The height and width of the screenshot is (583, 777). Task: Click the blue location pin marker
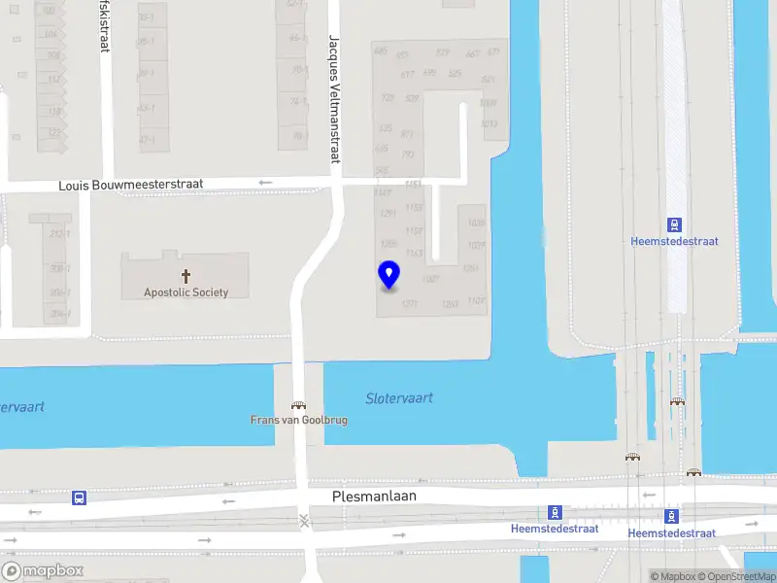(x=388, y=276)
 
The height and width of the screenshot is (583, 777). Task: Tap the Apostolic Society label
(x=186, y=292)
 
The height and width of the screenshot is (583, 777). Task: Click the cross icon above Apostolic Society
(x=186, y=276)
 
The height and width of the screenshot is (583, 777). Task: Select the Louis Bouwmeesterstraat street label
(x=123, y=185)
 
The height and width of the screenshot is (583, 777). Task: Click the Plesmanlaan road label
(x=374, y=496)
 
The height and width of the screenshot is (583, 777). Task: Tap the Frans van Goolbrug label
(x=298, y=421)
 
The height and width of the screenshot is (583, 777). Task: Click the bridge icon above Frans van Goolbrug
(x=298, y=406)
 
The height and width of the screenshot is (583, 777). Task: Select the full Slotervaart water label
(x=398, y=398)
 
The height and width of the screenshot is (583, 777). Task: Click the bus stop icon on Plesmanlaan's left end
(x=79, y=497)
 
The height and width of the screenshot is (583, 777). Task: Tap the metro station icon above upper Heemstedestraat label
(x=674, y=223)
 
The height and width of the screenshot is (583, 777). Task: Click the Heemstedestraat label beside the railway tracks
(x=674, y=241)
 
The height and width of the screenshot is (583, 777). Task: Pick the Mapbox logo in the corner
(x=42, y=571)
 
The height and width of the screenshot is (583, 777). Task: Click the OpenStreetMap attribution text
(x=735, y=576)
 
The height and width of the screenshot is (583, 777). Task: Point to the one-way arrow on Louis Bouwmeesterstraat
(x=266, y=183)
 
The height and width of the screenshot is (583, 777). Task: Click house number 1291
(x=388, y=214)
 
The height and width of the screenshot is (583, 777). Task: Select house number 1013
(x=489, y=124)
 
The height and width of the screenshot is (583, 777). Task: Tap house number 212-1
(x=60, y=234)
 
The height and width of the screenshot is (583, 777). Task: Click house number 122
(x=54, y=132)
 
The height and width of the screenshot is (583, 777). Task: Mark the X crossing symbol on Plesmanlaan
(x=305, y=521)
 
